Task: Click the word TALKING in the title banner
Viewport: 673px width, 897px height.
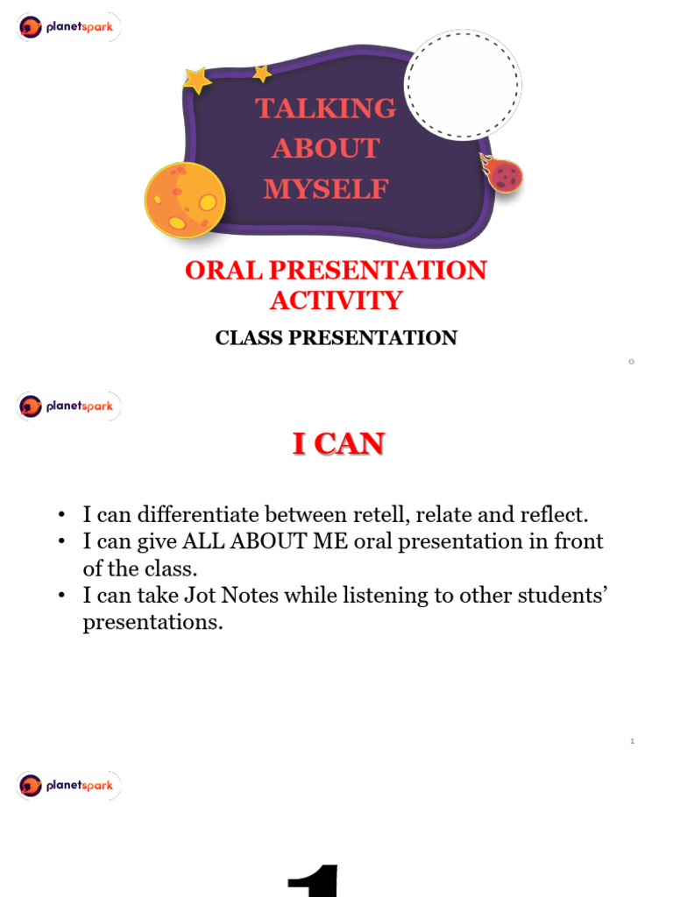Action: click(325, 109)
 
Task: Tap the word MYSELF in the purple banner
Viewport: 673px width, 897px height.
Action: click(326, 188)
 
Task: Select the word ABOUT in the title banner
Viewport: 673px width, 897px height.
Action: click(326, 149)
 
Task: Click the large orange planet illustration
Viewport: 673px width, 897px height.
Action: click(185, 200)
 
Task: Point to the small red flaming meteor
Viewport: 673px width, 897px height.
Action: click(503, 175)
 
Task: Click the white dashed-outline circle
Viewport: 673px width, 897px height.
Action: click(463, 84)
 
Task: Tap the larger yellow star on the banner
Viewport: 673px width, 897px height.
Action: click(197, 81)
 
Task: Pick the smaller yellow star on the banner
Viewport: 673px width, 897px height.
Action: click(262, 74)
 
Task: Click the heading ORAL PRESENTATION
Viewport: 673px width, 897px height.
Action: click(336, 271)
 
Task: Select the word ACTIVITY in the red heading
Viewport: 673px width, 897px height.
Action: click(336, 300)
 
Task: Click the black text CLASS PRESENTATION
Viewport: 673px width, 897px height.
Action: click(336, 338)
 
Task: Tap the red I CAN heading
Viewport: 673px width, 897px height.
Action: click(338, 445)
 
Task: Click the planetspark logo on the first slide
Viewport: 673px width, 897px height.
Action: click(68, 27)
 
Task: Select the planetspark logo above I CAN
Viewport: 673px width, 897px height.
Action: click(68, 406)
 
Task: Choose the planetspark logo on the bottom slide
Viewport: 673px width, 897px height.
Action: click(68, 785)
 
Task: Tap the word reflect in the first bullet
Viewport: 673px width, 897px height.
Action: click(549, 514)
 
